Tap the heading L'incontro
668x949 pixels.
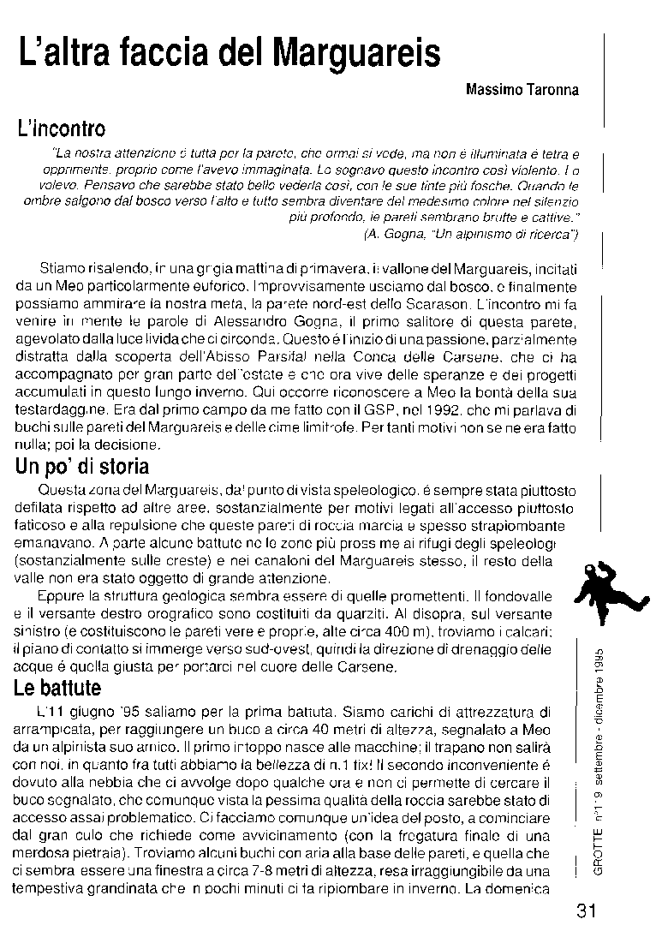[61, 130]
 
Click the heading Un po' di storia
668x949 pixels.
[82, 467]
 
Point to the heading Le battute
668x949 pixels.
[58, 688]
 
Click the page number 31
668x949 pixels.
[586, 910]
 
